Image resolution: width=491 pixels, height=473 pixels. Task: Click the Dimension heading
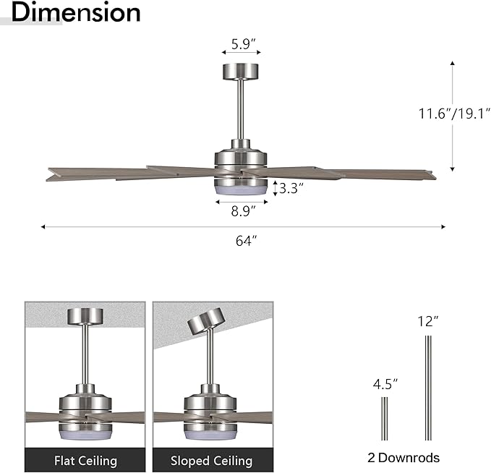point(76,12)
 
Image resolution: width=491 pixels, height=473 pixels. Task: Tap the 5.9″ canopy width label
point(241,43)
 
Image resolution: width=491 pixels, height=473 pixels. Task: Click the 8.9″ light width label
point(242,211)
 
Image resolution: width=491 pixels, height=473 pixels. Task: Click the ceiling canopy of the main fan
point(242,71)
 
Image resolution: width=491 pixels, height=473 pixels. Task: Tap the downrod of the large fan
point(242,108)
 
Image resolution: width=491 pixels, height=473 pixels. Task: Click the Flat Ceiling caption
point(85,460)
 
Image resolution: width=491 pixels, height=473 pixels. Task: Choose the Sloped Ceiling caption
point(211,460)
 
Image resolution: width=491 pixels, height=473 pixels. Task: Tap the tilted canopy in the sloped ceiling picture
point(207,320)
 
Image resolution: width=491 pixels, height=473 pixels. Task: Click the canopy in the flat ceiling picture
point(85,316)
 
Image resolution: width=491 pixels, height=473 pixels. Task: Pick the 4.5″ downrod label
point(385,383)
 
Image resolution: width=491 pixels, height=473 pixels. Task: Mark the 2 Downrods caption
point(404,457)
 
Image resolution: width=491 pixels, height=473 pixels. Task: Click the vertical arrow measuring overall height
point(453,116)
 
